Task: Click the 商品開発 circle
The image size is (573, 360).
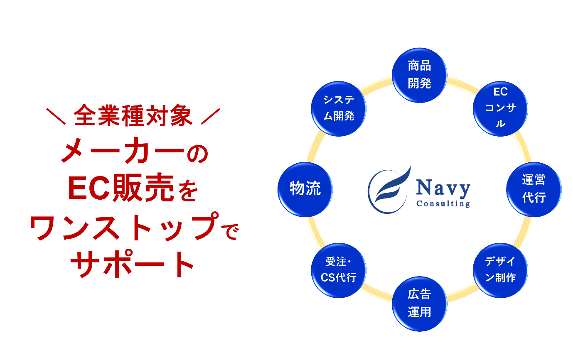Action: [x=419, y=75]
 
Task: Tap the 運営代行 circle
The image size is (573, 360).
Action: [x=534, y=189]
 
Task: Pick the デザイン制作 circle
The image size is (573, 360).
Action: [x=500, y=270]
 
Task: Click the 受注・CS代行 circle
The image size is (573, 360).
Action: [x=338, y=270]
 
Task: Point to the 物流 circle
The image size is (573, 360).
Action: [x=305, y=189]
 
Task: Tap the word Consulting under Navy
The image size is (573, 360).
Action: [x=443, y=203]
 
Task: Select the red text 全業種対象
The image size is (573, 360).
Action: [x=133, y=117]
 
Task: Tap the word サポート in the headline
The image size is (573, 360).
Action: [x=133, y=264]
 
